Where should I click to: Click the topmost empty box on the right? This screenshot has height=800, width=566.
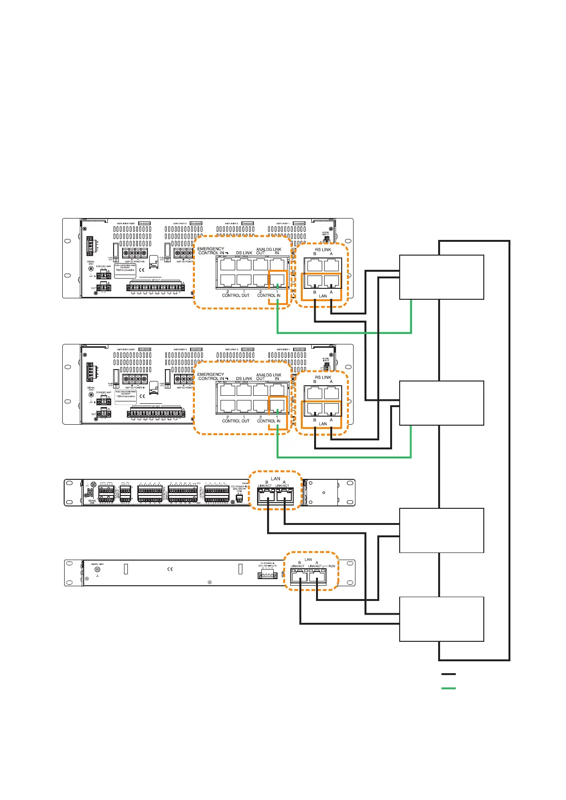coord(441,277)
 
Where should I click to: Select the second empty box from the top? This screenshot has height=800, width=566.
coord(441,403)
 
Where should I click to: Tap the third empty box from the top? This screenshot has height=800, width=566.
coord(441,530)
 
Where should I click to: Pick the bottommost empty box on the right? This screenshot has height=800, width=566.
coord(441,619)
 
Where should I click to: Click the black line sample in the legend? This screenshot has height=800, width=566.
coord(448,674)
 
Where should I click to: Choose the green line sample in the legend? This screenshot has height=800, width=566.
coord(448,688)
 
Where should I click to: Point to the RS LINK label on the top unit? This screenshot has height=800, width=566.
coord(323,249)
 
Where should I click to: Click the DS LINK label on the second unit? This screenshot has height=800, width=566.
coord(244,379)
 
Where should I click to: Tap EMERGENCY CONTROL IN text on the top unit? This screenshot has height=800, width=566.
coord(211,251)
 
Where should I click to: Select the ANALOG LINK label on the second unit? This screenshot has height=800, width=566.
coord(269,375)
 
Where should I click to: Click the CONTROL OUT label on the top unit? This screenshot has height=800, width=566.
coord(236,295)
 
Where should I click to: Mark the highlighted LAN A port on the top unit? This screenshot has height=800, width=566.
coord(331,280)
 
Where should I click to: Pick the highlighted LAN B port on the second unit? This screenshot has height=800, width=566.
coord(315,408)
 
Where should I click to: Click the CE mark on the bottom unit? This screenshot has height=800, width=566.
coord(170,569)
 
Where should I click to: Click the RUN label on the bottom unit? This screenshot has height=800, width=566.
coord(332,566)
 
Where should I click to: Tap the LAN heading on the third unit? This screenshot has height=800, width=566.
coord(276,479)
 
